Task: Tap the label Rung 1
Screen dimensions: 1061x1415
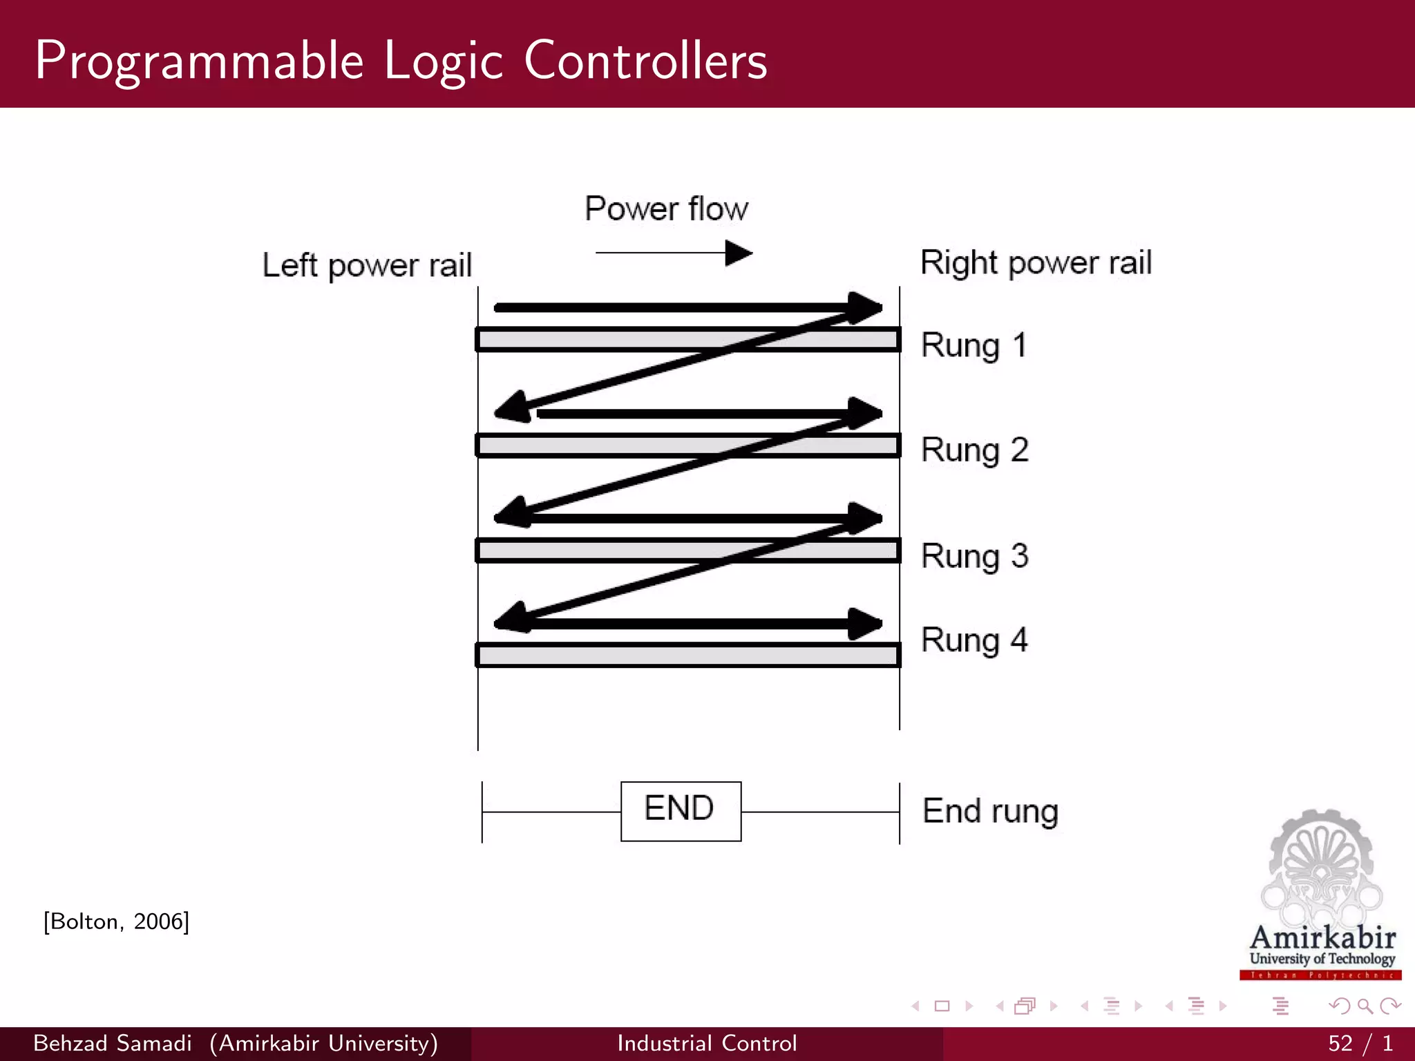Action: [x=974, y=345]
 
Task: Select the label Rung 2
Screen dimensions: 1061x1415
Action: [x=975, y=450]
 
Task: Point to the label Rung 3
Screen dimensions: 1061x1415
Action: [x=975, y=556]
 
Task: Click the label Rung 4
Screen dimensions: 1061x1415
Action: [x=974, y=640]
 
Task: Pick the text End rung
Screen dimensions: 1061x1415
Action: [x=990, y=812]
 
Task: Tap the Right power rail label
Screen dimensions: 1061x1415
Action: [x=1036, y=263]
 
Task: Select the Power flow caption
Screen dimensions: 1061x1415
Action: [x=666, y=209]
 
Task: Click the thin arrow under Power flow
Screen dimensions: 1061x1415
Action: [x=674, y=253]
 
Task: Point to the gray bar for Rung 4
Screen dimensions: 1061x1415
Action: [x=687, y=655]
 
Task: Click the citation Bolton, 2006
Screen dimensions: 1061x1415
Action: [x=116, y=921]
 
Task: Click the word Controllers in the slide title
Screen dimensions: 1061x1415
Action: [x=645, y=61]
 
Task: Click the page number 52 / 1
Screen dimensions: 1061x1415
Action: [x=1360, y=1043]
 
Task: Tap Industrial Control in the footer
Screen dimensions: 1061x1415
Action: [x=707, y=1043]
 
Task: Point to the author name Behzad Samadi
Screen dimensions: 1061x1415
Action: [x=113, y=1043]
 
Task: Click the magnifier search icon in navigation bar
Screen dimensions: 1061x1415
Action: [x=1365, y=1006]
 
